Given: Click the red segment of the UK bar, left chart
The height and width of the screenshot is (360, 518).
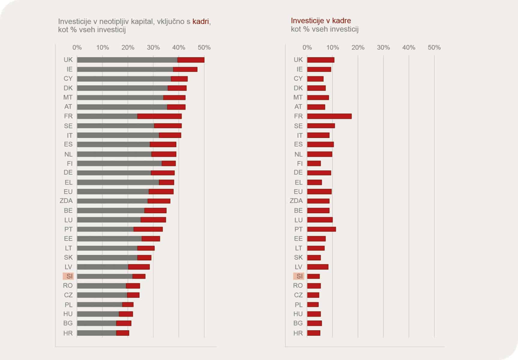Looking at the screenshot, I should (191, 60).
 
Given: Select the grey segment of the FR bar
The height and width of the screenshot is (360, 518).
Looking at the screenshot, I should (107, 116).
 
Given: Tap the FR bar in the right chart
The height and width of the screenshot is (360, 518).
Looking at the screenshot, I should (329, 116).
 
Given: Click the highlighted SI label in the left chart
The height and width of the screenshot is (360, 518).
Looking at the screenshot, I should (68, 276).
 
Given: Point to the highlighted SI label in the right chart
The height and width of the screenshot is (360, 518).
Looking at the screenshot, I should (299, 276).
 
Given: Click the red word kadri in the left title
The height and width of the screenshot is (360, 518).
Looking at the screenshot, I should (201, 22).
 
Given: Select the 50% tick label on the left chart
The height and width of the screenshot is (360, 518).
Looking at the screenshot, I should (204, 47).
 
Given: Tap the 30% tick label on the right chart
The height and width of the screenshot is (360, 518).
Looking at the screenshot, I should (383, 47).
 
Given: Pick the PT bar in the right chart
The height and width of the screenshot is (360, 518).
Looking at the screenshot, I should (321, 229).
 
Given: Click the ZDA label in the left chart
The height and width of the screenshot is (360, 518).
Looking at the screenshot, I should (66, 201).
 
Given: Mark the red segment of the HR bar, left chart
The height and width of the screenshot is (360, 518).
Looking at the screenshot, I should (122, 333).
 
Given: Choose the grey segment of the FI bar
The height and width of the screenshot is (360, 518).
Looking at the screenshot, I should (119, 163).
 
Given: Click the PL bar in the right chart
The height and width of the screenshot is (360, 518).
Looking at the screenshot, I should (313, 305).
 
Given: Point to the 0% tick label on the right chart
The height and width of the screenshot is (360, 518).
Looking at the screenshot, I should (307, 47).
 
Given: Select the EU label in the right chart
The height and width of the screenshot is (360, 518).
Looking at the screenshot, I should (298, 191).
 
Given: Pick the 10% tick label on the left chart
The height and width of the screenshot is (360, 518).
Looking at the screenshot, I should (103, 47).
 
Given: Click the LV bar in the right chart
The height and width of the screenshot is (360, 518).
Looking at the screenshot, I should (317, 267).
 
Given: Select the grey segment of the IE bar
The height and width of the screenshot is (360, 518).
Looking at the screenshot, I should (125, 70).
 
